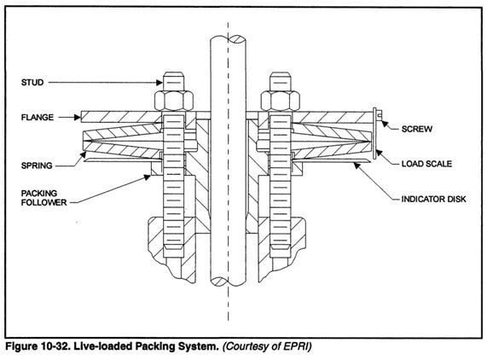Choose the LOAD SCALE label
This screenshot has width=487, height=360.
[x=427, y=160]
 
